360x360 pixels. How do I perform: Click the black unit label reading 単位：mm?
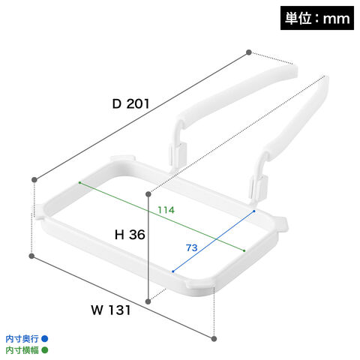[x=317, y=18]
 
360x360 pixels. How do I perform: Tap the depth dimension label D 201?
[x=130, y=104]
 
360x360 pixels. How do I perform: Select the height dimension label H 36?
[x=130, y=235]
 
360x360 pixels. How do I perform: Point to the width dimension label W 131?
[x=111, y=310]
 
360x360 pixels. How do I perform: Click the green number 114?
[x=166, y=210]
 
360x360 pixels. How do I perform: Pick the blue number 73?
[x=192, y=247]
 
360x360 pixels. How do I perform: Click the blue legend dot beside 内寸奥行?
[x=45, y=339]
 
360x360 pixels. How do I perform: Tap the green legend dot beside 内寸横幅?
[x=45, y=350]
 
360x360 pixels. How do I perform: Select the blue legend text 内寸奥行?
[x=22, y=339]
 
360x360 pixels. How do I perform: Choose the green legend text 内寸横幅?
[x=22, y=350]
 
